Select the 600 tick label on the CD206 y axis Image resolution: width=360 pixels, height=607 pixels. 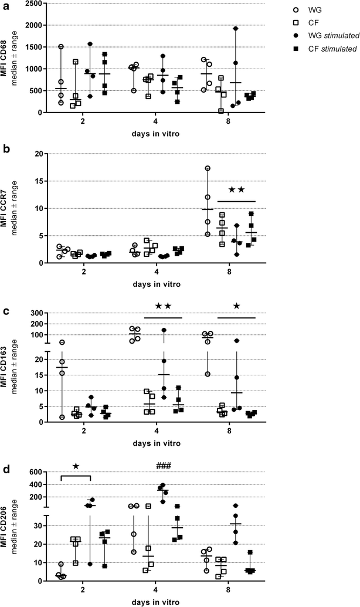click(x=35, y=472)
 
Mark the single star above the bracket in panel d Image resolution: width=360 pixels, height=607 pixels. click(x=76, y=466)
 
